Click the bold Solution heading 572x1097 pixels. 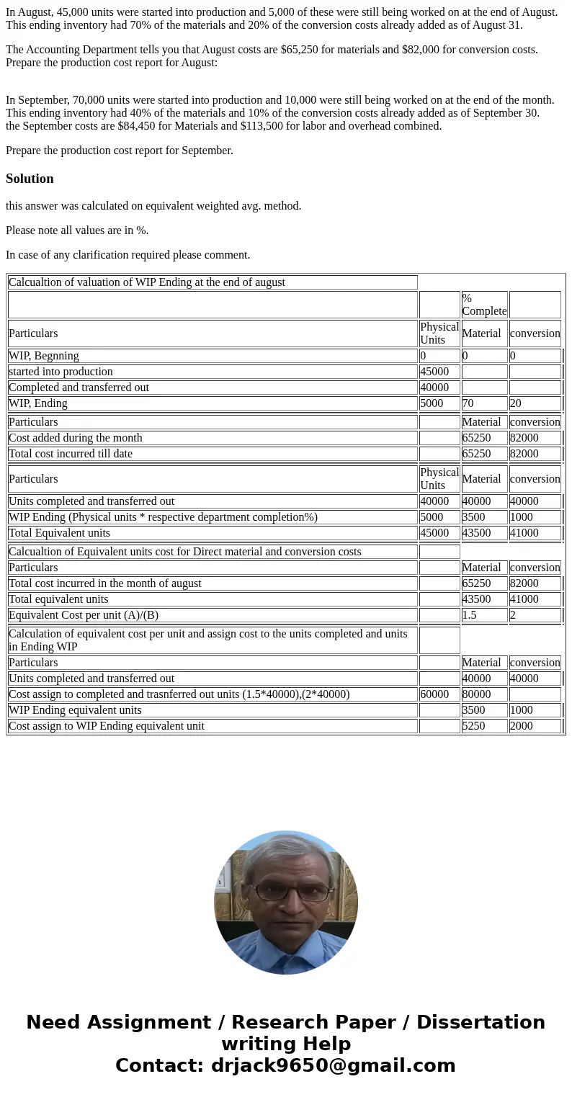tap(30, 179)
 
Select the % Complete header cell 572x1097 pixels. tap(484, 305)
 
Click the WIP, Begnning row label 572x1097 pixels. tap(44, 356)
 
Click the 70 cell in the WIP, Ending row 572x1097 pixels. tap(468, 403)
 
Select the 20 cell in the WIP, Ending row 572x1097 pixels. tap(516, 403)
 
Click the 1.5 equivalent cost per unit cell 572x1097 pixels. tap(470, 615)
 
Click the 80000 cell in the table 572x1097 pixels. tap(476, 694)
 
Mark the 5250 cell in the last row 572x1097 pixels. tap(473, 726)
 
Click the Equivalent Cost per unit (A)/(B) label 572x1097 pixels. tap(84, 615)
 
